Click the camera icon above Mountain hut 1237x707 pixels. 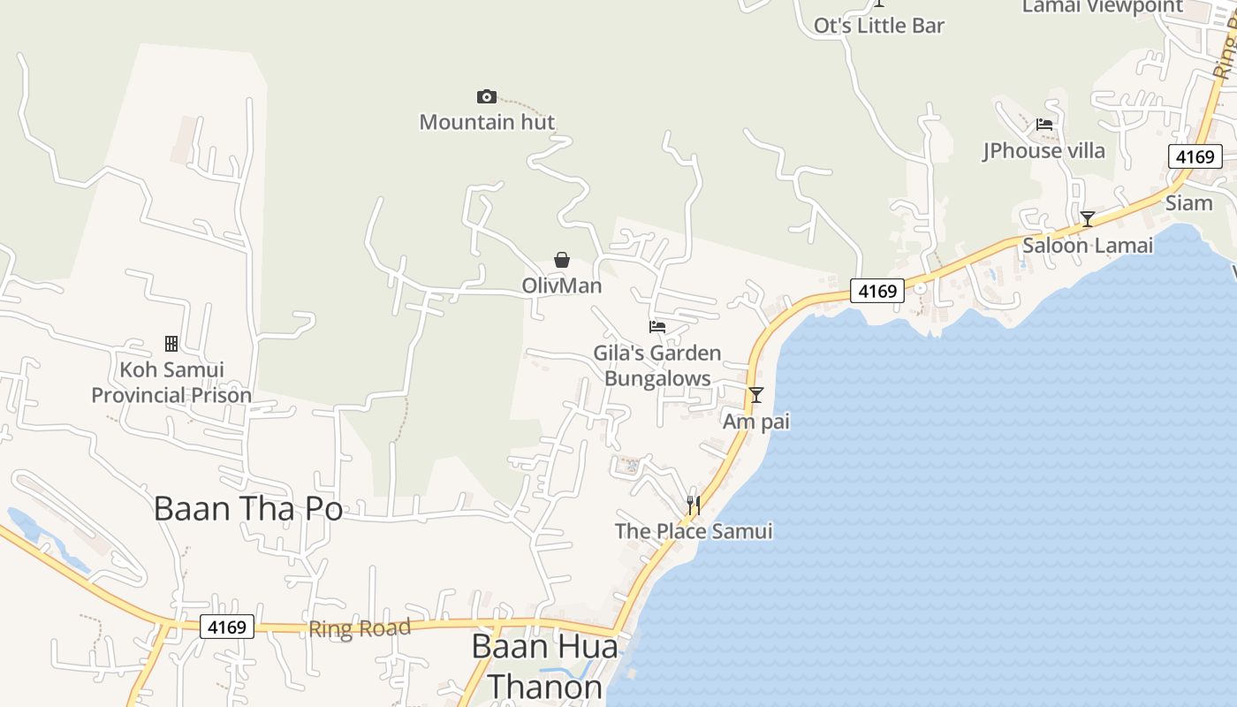click(x=486, y=96)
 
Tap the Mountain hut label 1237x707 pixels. click(x=487, y=122)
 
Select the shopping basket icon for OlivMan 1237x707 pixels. click(x=561, y=260)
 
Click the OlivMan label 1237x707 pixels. click(x=561, y=285)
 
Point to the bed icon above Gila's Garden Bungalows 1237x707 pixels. click(x=656, y=327)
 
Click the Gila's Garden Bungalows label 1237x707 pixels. click(x=657, y=366)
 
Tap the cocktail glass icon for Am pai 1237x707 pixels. click(x=755, y=395)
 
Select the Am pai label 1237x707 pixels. click(x=755, y=422)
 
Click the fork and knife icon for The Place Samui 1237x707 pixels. click(x=694, y=506)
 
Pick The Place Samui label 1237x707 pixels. click(x=694, y=531)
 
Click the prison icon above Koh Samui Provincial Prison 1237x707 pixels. click(x=171, y=343)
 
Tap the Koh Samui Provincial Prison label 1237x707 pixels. click(x=171, y=382)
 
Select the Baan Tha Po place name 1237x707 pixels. click(x=248, y=508)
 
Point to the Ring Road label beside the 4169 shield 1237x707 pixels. click(x=360, y=628)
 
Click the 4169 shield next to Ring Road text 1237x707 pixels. click(x=227, y=627)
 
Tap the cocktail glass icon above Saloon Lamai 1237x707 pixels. click(x=1088, y=219)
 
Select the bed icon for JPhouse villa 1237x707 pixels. click(x=1044, y=125)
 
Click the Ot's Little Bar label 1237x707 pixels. click(x=878, y=26)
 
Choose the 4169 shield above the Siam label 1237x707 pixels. click(x=1195, y=156)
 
